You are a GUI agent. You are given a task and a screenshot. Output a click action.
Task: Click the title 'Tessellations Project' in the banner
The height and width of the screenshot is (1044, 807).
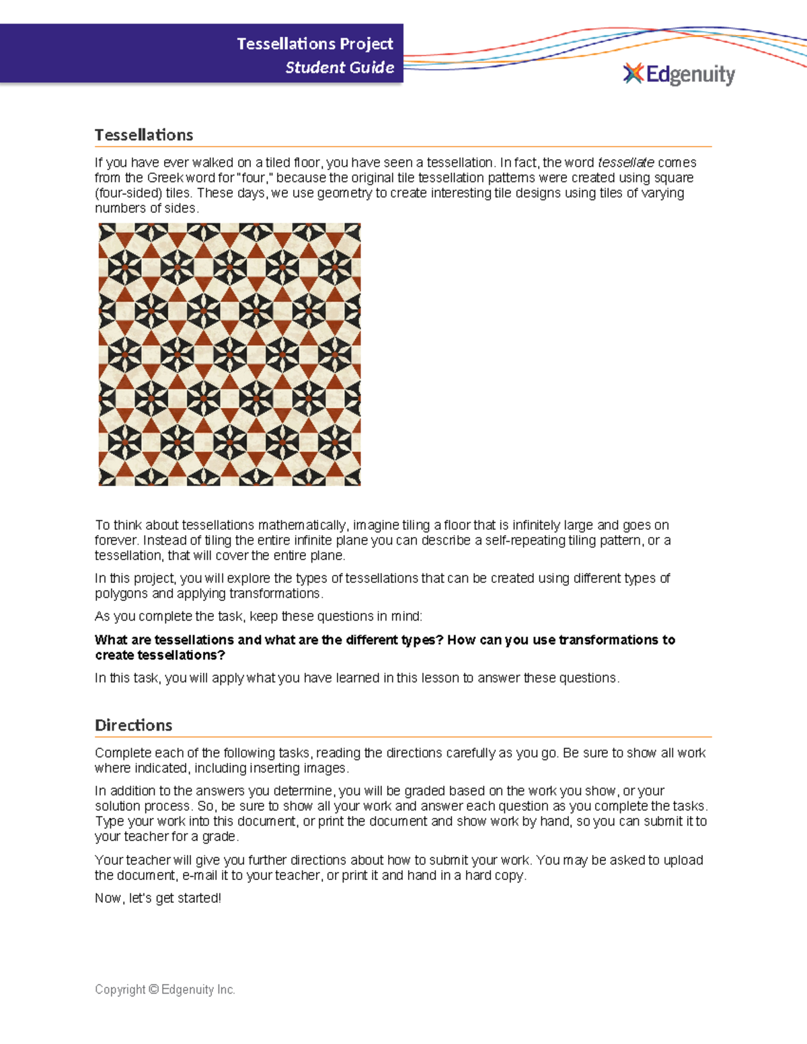(x=315, y=44)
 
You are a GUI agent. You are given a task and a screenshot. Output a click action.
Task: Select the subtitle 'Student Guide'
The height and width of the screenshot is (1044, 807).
(x=340, y=67)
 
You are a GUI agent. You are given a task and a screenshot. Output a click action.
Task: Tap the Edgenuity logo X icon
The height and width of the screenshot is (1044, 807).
(x=633, y=73)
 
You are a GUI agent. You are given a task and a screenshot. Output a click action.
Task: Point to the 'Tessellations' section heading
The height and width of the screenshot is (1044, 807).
(x=144, y=135)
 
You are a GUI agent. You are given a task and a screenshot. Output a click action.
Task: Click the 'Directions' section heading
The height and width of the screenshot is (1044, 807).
(x=133, y=725)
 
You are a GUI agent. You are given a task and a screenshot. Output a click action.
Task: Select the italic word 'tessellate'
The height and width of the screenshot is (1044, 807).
(x=625, y=163)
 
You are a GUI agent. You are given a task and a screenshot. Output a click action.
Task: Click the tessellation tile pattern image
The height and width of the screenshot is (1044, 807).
(x=229, y=354)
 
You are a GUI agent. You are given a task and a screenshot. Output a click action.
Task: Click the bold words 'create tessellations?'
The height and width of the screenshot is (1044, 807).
(x=160, y=655)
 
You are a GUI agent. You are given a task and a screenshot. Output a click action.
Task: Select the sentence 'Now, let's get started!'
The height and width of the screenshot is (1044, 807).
(x=158, y=898)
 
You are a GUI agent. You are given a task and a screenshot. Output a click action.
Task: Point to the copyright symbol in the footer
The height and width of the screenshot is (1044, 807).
(x=153, y=990)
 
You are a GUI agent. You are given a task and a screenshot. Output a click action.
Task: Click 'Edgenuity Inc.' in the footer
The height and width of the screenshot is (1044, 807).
(x=198, y=990)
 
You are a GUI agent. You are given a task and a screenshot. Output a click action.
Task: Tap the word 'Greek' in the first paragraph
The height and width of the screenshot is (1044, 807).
(x=165, y=178)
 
